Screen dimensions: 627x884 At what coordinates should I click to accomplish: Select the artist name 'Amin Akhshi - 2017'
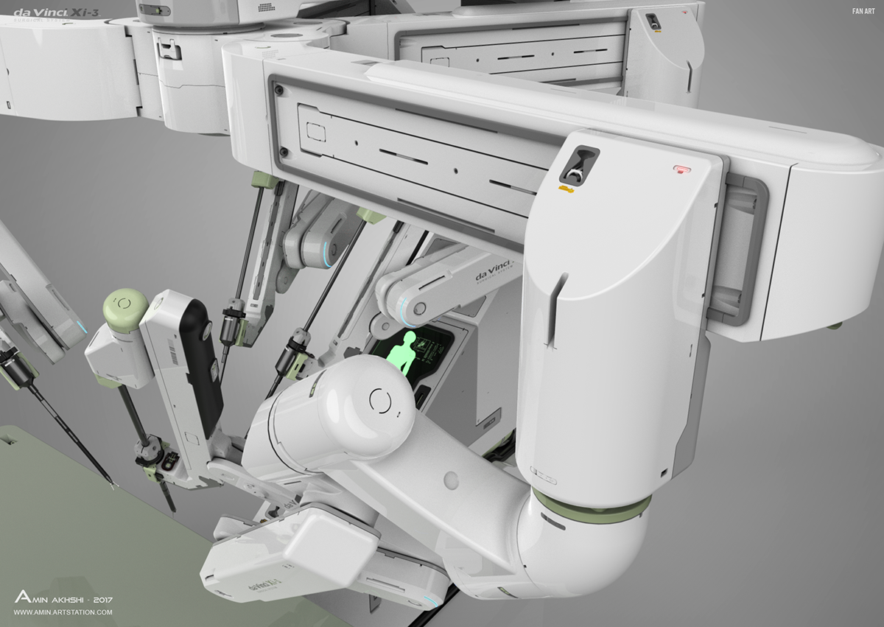[63, 598]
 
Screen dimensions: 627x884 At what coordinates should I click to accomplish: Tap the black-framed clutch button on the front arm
[578, 164]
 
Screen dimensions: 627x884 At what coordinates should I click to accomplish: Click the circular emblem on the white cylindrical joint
[380, 402]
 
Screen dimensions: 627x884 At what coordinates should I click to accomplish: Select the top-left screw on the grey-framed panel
[278, 89]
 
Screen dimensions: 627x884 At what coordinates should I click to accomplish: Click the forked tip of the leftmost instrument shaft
[110, 484]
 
